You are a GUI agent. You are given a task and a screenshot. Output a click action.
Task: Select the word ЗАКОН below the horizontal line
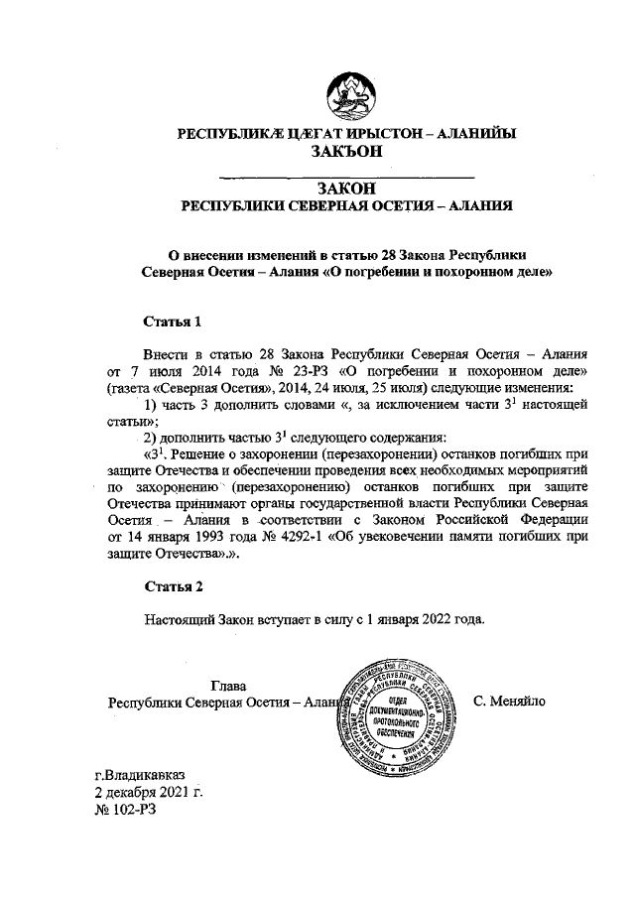click(345, 188)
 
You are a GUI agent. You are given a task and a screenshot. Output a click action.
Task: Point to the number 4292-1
click(308, 537)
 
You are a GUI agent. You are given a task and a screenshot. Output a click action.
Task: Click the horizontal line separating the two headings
click(345, 176)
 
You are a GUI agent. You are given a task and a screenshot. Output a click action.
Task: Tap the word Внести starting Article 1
click(166, 353)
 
